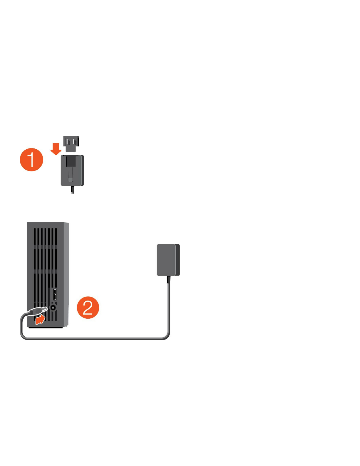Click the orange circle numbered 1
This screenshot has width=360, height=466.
31,160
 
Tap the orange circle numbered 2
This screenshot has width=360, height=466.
88,308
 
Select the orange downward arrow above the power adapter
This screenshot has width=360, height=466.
56,149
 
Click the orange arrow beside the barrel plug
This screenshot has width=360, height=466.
40,320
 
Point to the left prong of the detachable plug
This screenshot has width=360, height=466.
68,142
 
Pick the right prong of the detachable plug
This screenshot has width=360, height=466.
75,142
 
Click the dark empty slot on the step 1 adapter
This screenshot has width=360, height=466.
71,161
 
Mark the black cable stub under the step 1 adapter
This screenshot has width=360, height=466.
73,190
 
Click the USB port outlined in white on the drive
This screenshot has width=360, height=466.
55,294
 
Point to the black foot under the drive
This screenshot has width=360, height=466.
46,328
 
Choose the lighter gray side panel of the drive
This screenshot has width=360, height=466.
66,275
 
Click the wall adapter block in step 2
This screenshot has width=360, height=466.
168,260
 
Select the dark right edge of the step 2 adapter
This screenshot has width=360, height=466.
178,260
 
